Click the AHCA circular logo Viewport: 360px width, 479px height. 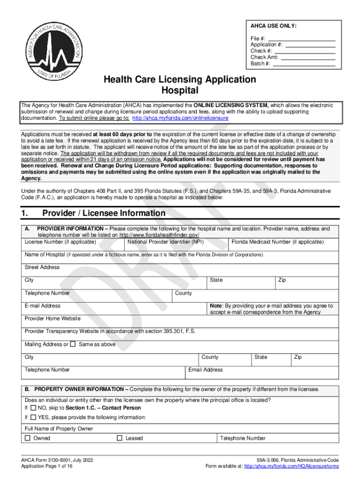pyautogui.click(x=52, y=50)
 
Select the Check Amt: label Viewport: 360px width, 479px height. pyautogui.click(x=264, y=57)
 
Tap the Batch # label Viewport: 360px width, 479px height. pyautogui.click(x=260, y=64)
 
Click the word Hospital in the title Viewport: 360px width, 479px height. pyautogui.click(x=180, y=90)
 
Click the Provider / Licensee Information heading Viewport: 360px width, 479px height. pyautogui.click(x=104, y=213)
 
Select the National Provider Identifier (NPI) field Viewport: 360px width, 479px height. pyautogui.click(x=165, y=242)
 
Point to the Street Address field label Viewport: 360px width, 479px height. pyautogui.click(x=42, y=267)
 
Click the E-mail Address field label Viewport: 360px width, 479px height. pyautogui.click(x=43, y=305)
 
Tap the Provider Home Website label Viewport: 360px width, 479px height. pyautogui.click(x=52, y=318)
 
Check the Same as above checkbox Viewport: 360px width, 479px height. pyautogui.click(x=72, y=344)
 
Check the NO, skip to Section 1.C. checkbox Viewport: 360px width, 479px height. pyautogui.click(x=33, y=408)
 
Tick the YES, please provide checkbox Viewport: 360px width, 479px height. pyautogui.click(x=33, y=417)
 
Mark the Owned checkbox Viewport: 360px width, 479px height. pyautogui.click(x=28, y=438)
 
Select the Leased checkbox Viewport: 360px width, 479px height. pyautogui.click(x=119, y=438)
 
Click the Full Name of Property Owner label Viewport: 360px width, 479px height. pyautogui.click(x=59, y=428)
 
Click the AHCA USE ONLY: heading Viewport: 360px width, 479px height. pyautogui.click(x=274, y=26)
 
